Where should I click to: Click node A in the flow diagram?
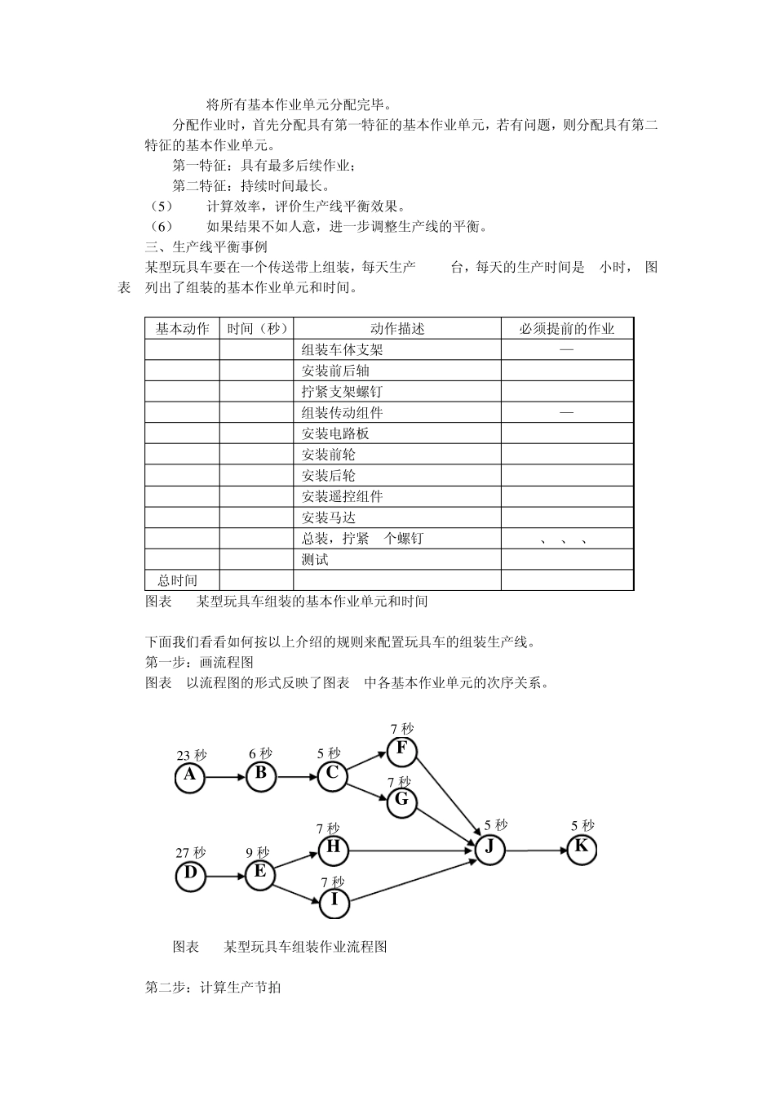(190, 777)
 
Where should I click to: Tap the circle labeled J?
(489, 849)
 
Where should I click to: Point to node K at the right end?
(581, 849)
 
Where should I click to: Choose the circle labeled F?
(401, 750)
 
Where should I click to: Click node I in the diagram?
(334, 902)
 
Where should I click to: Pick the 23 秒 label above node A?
(192, 755)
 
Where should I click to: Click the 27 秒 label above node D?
(191, 853)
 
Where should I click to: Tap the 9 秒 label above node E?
(258, 853)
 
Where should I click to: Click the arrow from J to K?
(535, 850)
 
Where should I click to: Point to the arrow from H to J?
(412, 850)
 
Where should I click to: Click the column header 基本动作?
(182, 328)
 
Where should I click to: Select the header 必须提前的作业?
(567, 328)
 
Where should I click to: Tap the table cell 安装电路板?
(335, 433)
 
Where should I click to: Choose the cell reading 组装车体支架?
(342, 349)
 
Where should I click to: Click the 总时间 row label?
(178, 580)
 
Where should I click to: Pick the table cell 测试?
(315, 560)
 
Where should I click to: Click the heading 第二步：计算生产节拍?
(213, 988)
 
